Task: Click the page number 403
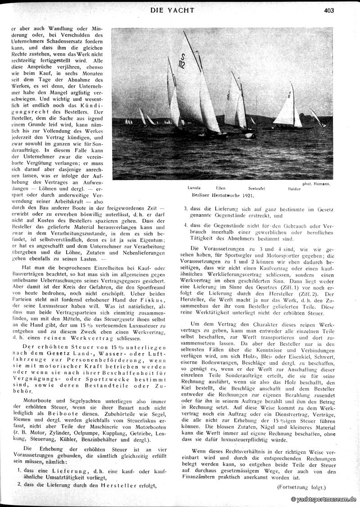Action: (x=328, y=10)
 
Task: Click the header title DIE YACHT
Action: (x=173, y=9)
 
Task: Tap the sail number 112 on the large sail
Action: (x=182, y=61)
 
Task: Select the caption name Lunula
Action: (x=194, y=187)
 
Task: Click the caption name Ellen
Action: (x=221, y=187)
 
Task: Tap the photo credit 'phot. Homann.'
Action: (x=316, y=183)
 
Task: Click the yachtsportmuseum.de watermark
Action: (x=324, y=499)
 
